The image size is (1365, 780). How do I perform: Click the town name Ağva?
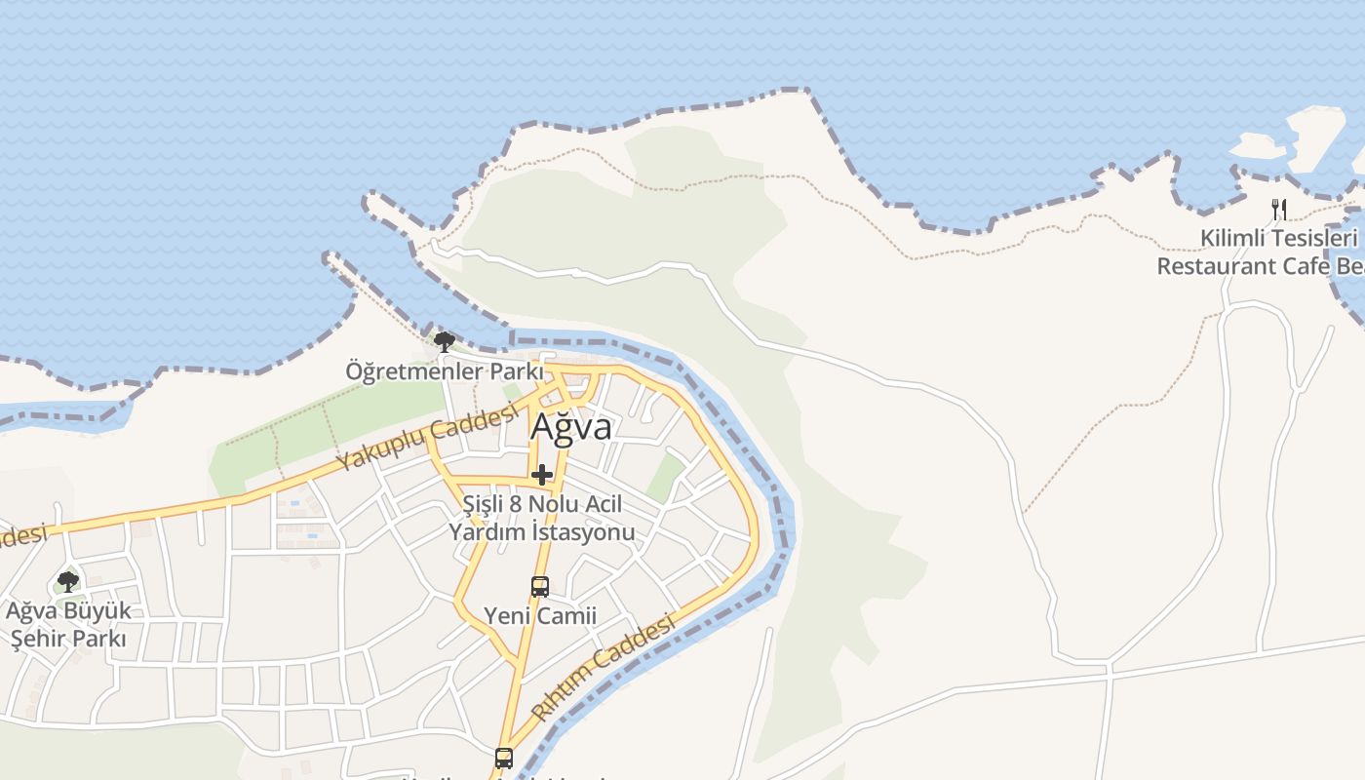pyautogui.click(x=571, y=427)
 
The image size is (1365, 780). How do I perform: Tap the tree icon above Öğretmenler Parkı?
pyautogui.click(x=444, y=342)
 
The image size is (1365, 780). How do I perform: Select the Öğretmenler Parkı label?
pyautogui.click(x=444, y=371)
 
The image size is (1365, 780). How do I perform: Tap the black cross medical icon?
pyautogui.click(x=542, y=475)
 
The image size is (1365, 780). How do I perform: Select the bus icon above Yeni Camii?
pyautogui.click(x=539, y=586)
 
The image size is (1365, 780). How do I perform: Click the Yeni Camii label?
pyautogui.click(x=540, y=616)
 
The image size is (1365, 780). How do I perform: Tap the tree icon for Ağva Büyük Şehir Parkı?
pyautogui.click(x=68, y=582)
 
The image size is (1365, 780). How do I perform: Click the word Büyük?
pyautogui.click(x=97, y=612)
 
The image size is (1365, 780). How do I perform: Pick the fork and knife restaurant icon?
pyautogui.click(x=1279, y=209)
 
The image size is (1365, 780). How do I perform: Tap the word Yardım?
pyautogui.click(x=483, y=532)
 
